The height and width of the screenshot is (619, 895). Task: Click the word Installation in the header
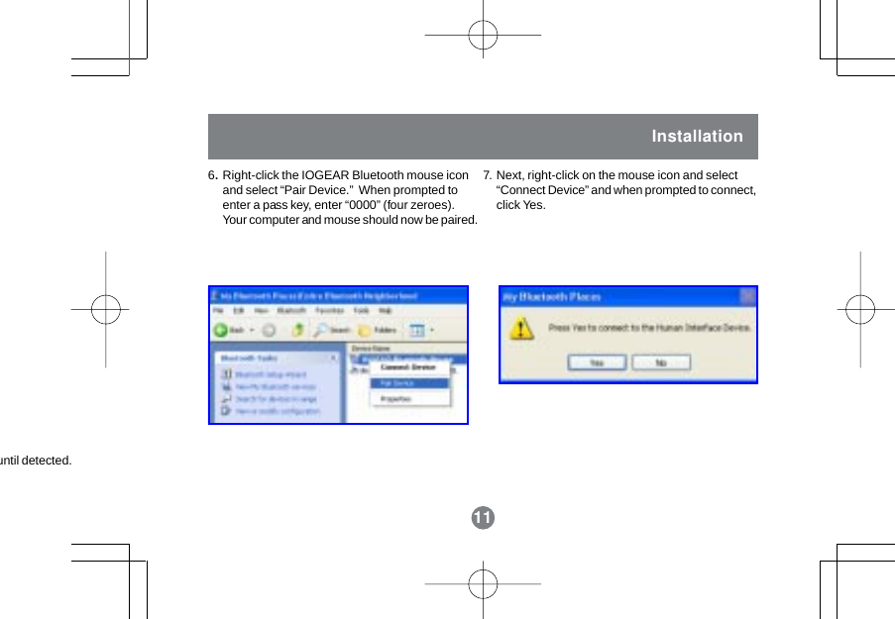(697, 137)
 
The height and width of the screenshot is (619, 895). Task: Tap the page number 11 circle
(483, 518)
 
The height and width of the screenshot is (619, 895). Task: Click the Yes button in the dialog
(597, 362)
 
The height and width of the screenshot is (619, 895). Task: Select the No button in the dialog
(661, 362)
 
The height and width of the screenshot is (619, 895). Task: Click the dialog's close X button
(747, 296)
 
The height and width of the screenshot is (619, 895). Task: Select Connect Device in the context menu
(408, 367)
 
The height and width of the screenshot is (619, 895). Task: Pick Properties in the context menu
(396, 398)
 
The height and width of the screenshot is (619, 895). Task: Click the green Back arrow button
(223, 330)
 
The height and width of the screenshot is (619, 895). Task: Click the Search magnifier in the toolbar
(333, 330)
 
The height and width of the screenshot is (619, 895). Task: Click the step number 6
(212, 176)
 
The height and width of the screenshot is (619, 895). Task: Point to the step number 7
(487, 176)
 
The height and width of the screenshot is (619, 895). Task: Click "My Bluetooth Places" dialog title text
(551, 296)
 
